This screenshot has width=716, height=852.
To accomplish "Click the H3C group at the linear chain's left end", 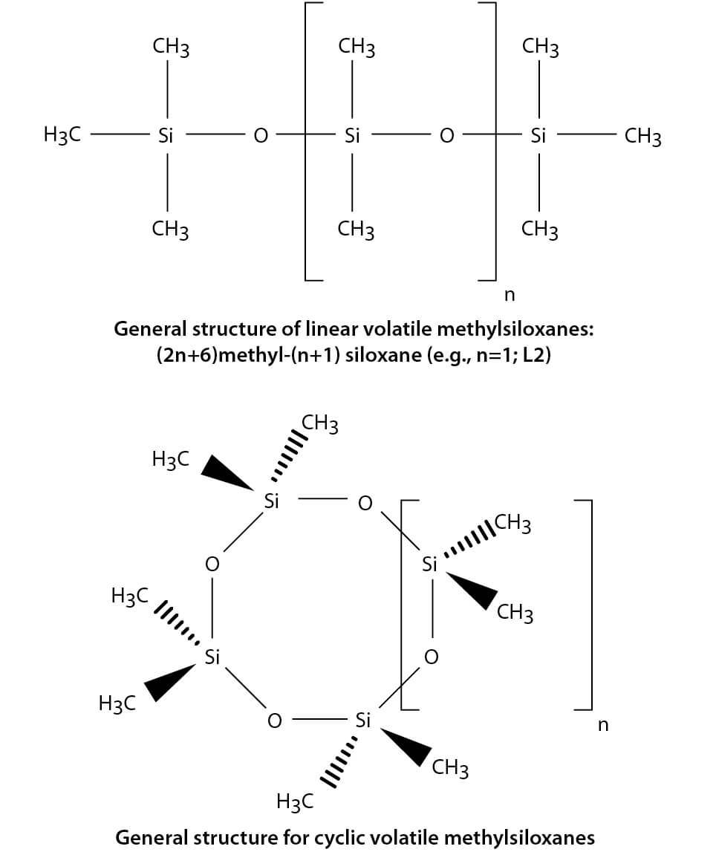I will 63,136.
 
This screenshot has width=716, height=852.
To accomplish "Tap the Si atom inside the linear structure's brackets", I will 352,136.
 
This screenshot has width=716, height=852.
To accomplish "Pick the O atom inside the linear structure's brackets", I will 446,136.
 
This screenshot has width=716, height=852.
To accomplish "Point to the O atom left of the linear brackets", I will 259,136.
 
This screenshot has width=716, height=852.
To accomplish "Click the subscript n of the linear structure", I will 509,296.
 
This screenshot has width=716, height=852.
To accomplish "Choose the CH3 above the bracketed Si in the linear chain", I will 356,48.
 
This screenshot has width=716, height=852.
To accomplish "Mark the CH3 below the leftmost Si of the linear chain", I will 170,229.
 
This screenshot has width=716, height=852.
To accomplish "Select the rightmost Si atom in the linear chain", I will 538,136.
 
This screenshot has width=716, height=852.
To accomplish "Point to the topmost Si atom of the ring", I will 271,501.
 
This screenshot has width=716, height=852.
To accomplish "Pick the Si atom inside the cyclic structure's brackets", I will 429,564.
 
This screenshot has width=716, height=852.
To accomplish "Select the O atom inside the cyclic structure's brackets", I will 430,657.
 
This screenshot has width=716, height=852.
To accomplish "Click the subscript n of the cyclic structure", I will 602,725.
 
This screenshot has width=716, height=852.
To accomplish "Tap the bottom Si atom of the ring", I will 362,719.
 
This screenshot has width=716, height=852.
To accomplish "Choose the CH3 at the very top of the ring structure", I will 320,425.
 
